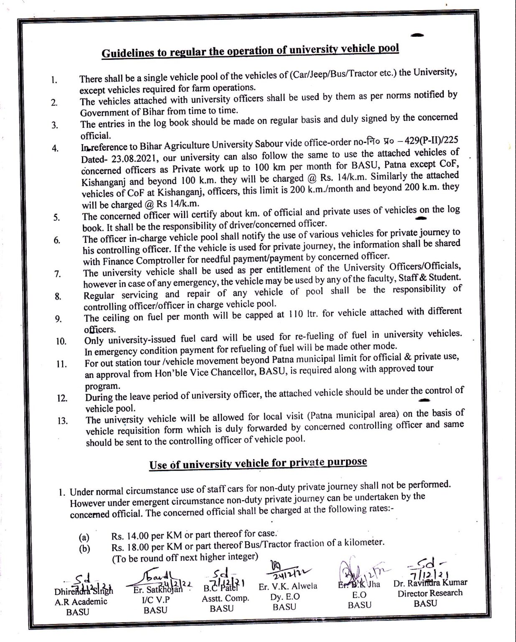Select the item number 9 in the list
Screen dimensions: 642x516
click(x=58, y=319)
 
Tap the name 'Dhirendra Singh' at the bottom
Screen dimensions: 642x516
click(x=84, y=592)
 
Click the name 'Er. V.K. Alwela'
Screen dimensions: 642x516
click(x=288, y=586)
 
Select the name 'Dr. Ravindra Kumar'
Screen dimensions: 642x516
click(x=430, y=582)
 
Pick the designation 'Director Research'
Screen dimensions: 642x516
click(x=430, y=593)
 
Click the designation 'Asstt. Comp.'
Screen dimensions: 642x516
click(x=225, y=598)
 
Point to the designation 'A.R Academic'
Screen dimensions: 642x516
click(x=81, y=601)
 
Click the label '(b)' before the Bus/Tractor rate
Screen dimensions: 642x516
click(x=85, y=549)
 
